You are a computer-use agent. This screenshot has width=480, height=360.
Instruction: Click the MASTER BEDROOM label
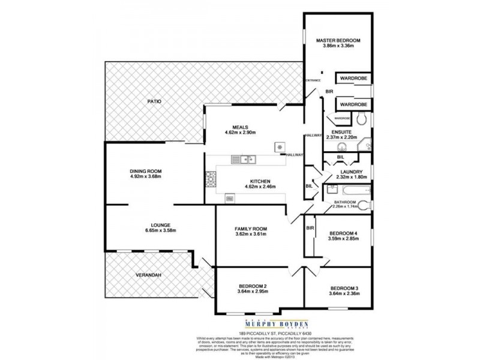pyautogui.click(x=338, y=40)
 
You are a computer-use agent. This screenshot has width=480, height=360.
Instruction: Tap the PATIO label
pyautogui.click(x=155, y=102)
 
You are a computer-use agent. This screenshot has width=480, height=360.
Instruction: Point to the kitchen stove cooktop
pyautogui.click(x=211, y=178)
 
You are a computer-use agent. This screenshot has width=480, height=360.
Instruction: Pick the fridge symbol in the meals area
pyautogui.click(x=279, y=146)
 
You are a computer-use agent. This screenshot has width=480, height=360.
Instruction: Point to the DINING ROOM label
pyautogui.click(x=146, y=171)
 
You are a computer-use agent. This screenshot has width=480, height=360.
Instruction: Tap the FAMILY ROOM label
pyautogui.click(x=250, y=229)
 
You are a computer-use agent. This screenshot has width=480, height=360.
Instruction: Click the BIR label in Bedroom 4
pyautogui.click(x=310, y=228)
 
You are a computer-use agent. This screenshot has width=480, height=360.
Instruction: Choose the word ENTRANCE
pyautogui.click(x=313, y=80)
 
